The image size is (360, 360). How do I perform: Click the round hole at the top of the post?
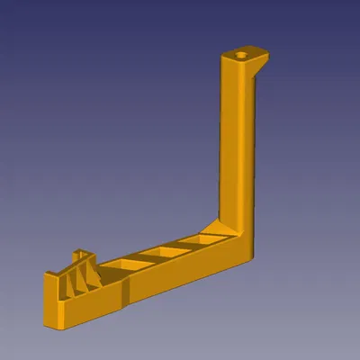[240, 55]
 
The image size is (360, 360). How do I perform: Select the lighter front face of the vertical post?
[230, 135]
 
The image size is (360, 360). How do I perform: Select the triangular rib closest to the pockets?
[93, 277]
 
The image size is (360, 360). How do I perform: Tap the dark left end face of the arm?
[49, 301]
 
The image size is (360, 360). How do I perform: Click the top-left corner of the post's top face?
[222, 57]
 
